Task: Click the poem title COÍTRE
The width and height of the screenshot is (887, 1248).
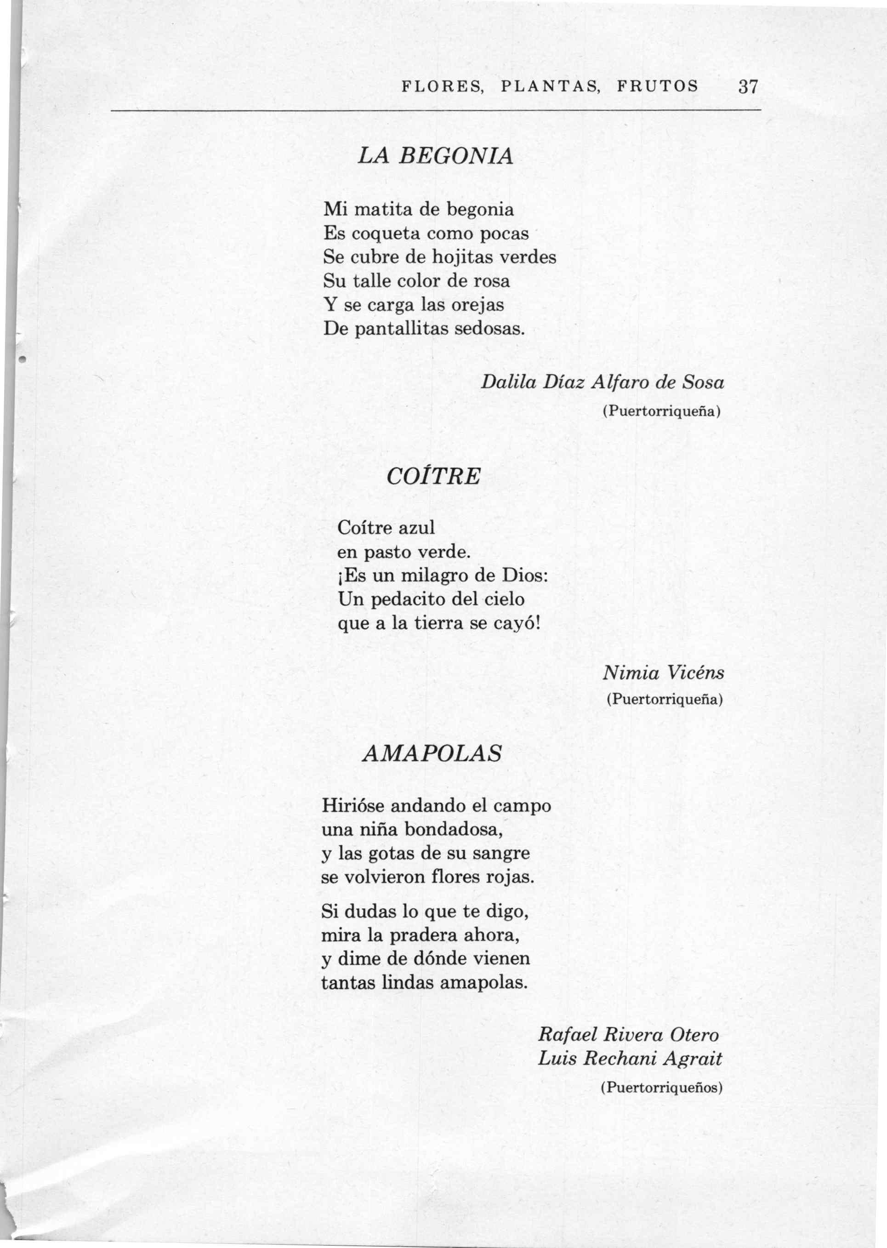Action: [x=433, y=476]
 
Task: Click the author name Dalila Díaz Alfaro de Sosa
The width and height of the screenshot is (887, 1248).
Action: [x=603, y=382]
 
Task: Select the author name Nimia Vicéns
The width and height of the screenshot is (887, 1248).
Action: [x=664, y=672]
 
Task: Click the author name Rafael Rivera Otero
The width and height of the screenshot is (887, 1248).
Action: [x=629, y=1034]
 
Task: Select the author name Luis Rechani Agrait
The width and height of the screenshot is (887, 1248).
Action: [x=630, y=1059]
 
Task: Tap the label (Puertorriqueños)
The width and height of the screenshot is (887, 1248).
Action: [x=661, y=1088]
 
